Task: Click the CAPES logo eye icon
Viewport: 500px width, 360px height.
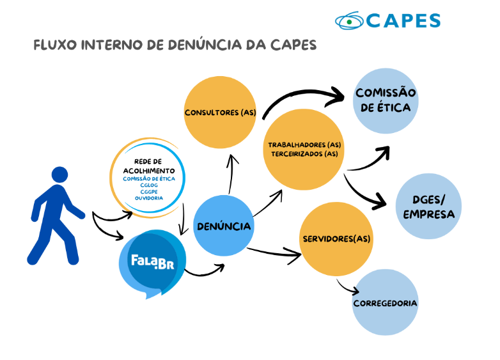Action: click(349, 20)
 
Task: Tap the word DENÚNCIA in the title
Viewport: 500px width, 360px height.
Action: click(201, 45)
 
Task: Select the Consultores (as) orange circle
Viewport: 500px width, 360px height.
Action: click(220, 113)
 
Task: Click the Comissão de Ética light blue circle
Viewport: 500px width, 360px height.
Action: click(386, 100)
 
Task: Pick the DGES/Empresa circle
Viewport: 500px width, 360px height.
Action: click(428, 206)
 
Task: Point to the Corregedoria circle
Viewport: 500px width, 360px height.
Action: click(385, 302)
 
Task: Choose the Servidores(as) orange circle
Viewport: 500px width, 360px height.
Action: click(336, 239)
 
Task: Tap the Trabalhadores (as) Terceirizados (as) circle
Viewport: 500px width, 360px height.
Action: click(304, 150)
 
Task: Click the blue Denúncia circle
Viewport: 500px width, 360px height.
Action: click(224, 226)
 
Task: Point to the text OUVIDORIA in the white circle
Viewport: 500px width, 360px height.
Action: click(149, 198)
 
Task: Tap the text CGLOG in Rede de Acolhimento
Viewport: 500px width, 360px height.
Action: click(149, 185)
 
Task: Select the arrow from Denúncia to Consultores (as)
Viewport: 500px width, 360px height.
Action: click(232, 173)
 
